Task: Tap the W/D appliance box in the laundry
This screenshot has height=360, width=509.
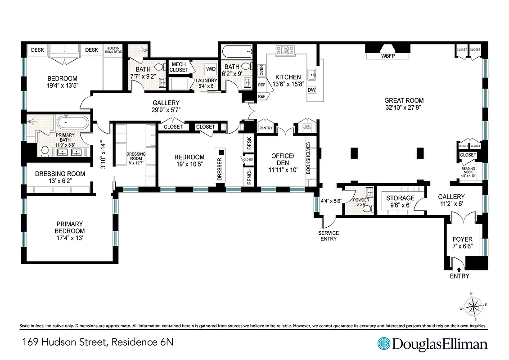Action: click(x=211, y=69)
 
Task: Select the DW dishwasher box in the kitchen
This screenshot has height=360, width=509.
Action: click(x=311, y=90)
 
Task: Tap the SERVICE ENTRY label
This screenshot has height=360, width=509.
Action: click(x=329, y=235)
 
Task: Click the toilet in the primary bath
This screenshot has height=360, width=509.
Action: click(x=45, y=152)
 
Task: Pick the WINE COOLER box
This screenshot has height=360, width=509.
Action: click(x=307, y=128)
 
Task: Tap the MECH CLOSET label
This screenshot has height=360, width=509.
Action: click(x=179, y=67)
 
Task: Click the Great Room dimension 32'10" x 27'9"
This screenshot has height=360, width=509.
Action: click(x=404, y=108)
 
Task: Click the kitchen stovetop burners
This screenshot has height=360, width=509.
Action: click(x=285, y=50)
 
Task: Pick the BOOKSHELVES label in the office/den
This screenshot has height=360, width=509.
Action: click(x=308, y=158)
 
